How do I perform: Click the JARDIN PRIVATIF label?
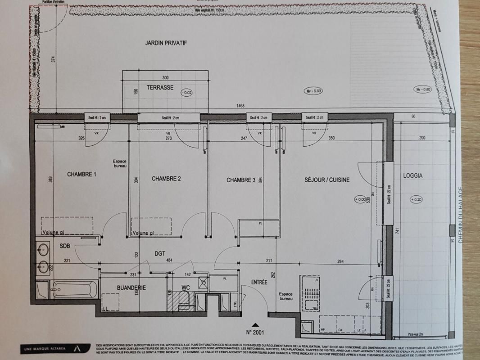tap(166, 43)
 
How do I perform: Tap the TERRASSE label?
tap(160, 88)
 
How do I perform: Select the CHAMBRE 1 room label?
tap(82, 174)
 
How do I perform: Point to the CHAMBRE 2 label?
tap(166, 179)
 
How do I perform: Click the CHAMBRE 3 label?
tap(241, 180)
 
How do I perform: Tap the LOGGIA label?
tap(413, 175)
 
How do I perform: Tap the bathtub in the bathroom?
tap(74, 290)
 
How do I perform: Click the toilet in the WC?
tap(184, 301)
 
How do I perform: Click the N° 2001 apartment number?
tap(256, 333)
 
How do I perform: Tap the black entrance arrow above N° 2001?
tap(255, 324)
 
